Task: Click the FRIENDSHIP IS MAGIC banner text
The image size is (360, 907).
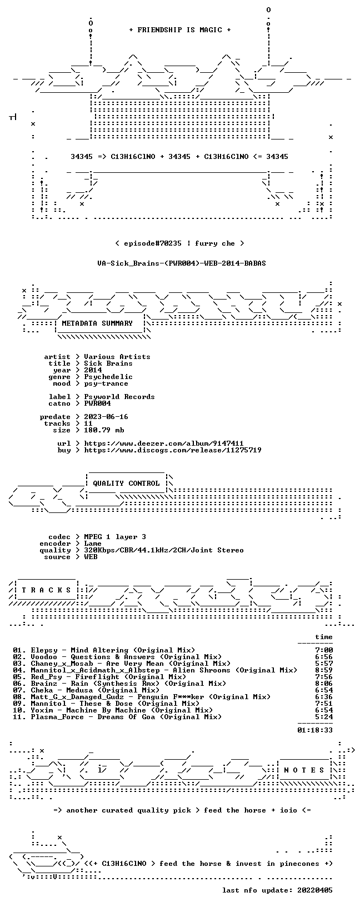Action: tap(180, 30)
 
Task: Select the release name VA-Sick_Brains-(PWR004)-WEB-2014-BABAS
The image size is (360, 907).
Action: tap(182, 263)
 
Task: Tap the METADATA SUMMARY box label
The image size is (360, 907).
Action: tap(97, 323)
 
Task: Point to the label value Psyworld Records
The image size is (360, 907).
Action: tap(119, 397)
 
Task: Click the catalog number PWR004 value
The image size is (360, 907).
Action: tap(97, 403)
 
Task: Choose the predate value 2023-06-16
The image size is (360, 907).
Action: tap(106, 417)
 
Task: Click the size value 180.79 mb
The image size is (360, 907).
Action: tap(104, 430)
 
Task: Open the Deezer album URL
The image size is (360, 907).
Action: tap(164, 443)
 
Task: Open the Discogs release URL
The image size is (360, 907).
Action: tap(173, 450)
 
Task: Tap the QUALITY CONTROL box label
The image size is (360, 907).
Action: tap(126, 483)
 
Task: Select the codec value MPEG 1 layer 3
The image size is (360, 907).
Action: tap(115, 537)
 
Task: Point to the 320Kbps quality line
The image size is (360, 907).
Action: tap(164, 550)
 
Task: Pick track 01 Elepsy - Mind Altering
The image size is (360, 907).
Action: tap(104, 650)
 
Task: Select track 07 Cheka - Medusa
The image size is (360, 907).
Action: tap(86, 690)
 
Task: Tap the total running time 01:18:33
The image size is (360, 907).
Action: tap(315, 730)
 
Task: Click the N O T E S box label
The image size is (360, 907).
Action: tap(304, 770)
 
